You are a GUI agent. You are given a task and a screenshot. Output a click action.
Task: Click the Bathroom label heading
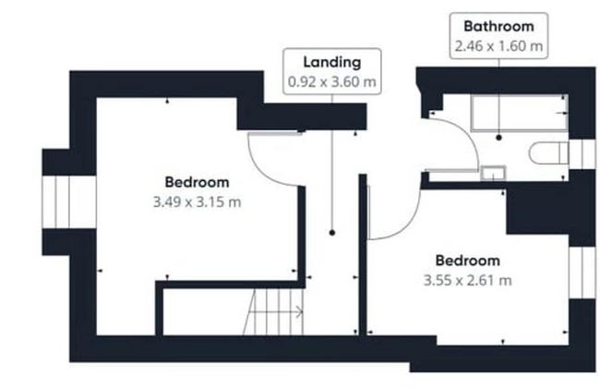click(x=498, y=27)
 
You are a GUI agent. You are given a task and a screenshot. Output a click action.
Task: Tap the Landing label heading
click(x=332, y=62)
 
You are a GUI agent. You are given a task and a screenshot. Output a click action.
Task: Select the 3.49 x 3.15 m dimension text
click(x=197, y=201)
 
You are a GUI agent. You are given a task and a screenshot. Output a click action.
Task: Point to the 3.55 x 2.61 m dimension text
click(x=468, y=280)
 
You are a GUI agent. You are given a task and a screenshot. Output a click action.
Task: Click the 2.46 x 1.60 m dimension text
click(x=498, y=46)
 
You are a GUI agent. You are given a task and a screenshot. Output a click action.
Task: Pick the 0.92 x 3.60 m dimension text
click(x=332, y=82)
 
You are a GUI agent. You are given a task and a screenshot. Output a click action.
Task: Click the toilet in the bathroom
click(x=548, y=153)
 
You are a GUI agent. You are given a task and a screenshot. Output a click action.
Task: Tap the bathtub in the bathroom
click(x=520, y=113)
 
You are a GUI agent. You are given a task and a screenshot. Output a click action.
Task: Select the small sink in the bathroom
click(x=493, y=173)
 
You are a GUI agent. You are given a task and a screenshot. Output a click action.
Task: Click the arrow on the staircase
click(x=275, y=312)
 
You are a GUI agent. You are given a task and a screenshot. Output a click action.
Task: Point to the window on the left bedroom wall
click(x=69, y=201)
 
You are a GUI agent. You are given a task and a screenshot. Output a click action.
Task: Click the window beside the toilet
click(x=582, y=154)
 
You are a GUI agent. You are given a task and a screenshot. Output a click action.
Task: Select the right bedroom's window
click(x=582, y=273)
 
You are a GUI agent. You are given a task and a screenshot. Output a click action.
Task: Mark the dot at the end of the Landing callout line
click(x=332, y=233)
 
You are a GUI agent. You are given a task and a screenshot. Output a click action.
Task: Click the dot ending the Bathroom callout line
click(x=498, y=138)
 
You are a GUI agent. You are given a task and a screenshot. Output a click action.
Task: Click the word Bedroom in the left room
click(x=197, y=182)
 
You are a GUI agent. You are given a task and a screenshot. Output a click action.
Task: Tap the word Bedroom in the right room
click(x=468, y=261)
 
